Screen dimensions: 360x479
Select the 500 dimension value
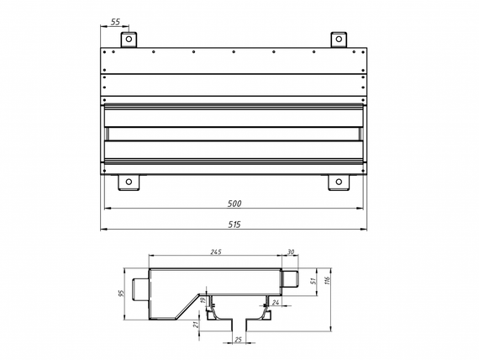pyautogui.click(x=235, y=204)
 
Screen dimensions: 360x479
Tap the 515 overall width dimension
pyautogui.click(x=235, y=224)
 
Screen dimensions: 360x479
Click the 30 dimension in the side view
pyautogui.click(x=292, y=251)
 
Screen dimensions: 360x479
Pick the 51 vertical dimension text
pyautogui.click(x=313, y=282)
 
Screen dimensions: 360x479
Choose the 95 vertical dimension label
pyautogui.click(x=123, y=294)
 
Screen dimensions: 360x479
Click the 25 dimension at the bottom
pyautogui.click(x=238, y=341)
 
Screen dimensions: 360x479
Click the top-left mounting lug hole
pyautogui.click(x=129, y=39)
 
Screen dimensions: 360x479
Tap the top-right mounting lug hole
pyautogui.click(x=339, y=39)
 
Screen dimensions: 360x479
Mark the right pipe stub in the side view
pyautogui.click(x=291, y=278)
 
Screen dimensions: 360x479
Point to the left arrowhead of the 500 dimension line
pyautogui.click(x=105, y=209)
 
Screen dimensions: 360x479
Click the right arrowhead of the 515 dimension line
pyautogui.click(x=366, y=229)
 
